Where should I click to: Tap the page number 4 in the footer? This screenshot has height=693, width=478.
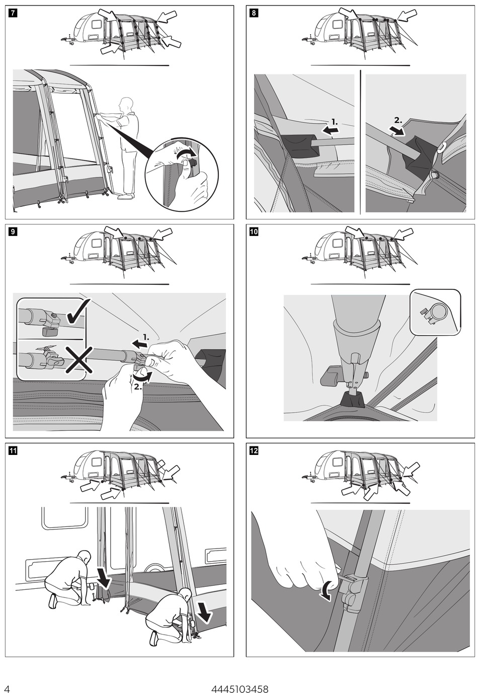click(7, 689)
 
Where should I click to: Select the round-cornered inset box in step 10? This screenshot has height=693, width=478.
click(435, 312)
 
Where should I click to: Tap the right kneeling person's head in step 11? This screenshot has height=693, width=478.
click(185, 594)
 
